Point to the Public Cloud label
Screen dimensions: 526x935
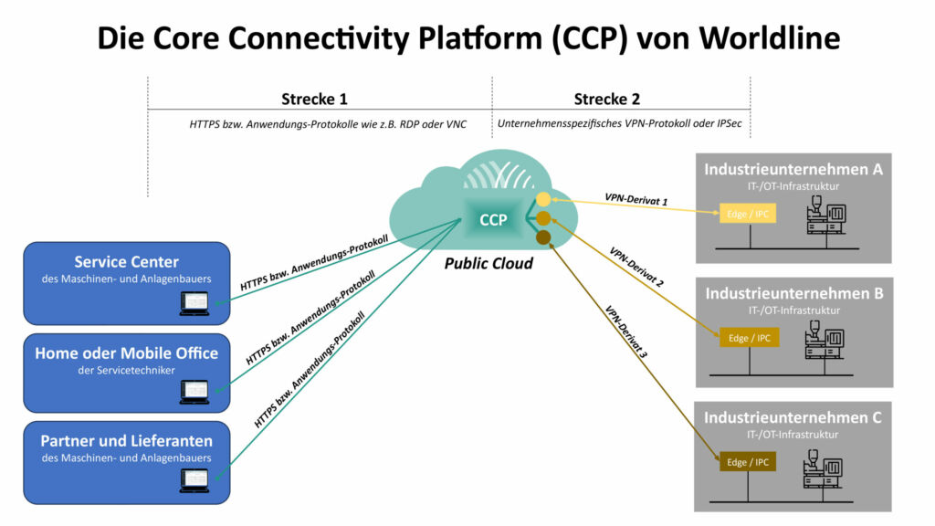[489, 264]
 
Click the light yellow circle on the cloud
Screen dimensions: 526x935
[543, 199]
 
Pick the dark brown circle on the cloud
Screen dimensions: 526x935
[542, 237]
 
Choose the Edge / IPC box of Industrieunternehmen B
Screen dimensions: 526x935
[750, 338]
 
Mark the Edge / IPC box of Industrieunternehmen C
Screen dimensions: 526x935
[750, 462]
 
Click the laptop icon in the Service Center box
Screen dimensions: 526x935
[194, 302]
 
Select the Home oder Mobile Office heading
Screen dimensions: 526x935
[126, 353]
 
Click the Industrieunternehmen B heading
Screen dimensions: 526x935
[793, 294]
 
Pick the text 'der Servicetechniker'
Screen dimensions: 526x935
[126, 370]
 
